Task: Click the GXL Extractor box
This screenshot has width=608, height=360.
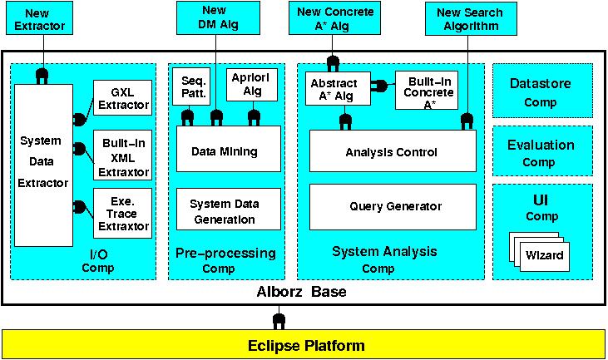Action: click(122, 98)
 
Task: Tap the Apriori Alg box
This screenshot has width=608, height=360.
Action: click(247, 84)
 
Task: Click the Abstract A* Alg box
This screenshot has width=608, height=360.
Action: click(334, 91)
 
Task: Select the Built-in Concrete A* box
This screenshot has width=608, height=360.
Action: click(426, 91)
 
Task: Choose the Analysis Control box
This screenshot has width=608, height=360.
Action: click(392, 152)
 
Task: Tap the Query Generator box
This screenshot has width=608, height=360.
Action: click(392, 206)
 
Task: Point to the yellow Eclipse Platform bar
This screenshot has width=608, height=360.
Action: click(304, 344)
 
